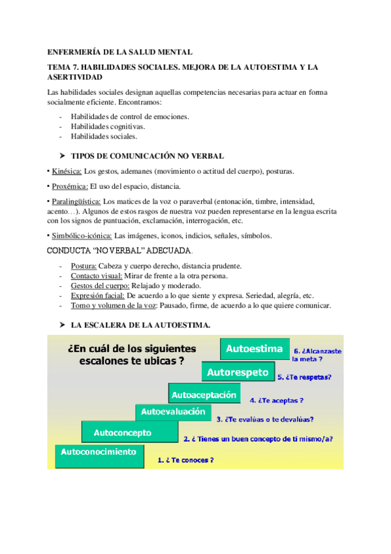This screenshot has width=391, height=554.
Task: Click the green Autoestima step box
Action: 254,349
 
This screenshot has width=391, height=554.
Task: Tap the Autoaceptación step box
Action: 203,395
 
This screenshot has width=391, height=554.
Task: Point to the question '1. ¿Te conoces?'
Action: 186,460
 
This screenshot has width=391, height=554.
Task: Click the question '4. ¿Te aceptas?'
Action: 276,400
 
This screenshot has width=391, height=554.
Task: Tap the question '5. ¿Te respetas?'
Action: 304,377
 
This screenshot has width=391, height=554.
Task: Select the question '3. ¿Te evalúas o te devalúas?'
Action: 264,419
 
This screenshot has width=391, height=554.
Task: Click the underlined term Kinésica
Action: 67,171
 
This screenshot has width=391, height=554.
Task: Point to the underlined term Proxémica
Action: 70,187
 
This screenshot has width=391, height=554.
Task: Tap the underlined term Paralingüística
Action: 77,202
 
